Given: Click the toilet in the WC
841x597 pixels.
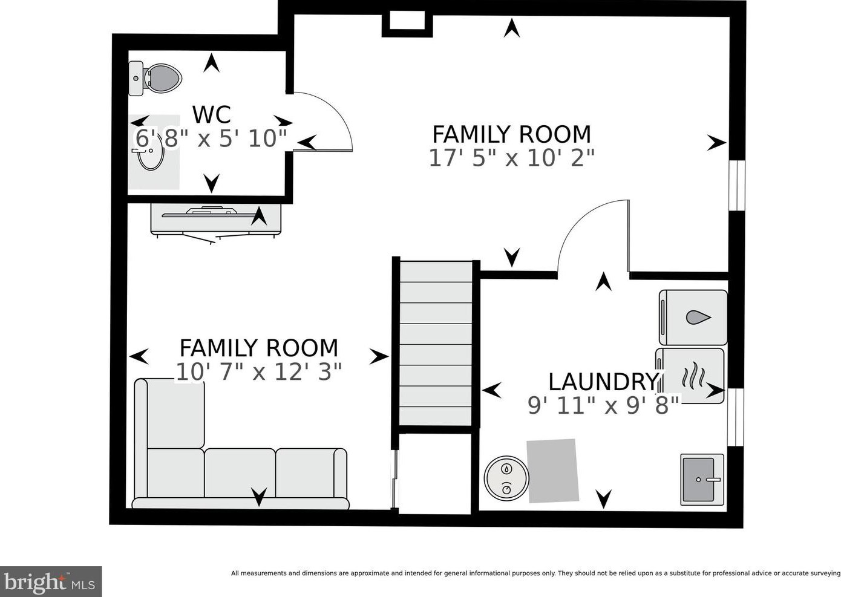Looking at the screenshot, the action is pyautogui.click(x=155, y=79).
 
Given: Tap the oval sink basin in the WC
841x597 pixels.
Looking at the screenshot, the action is pyautogui.click(x=151, y=152).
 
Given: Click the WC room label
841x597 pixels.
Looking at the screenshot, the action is pyautogui.click(x=211, y=114).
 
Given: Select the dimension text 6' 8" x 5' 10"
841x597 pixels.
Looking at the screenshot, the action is pyautogui.click(x=211, y=139).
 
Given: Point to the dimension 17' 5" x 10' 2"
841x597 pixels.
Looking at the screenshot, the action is pyautogui.click(x=512, y=158).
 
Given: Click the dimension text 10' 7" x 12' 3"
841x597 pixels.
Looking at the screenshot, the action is pyautogui.click(x=259, y=372).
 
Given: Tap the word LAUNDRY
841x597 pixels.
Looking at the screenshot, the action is pyautogui.click(x=603, y=382).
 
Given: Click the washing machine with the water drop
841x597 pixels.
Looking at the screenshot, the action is pyautogui.click(x=693, y=318).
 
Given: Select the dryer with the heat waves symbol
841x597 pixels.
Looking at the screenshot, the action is pyautogui.click(x=690, y=376).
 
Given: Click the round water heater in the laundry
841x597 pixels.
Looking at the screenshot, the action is pyautogui.click(x=506, y=478).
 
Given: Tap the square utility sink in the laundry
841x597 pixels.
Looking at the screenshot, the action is pyautogui.click(x=702, y=479).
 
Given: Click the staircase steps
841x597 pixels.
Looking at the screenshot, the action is pyautogui.click(x=436, y=344).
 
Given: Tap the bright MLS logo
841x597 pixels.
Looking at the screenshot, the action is pyautogui.click(x=51, y=581).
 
